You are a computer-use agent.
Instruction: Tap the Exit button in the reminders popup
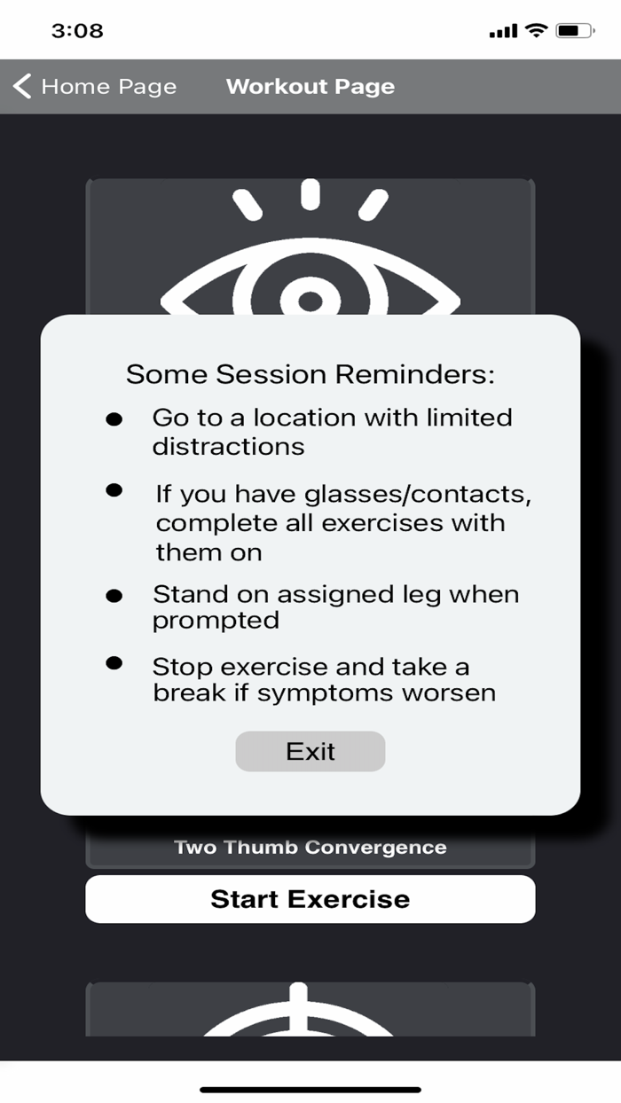point(310,751)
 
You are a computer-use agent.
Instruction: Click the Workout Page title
point(310,87)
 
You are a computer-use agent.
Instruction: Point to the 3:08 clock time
point(77,31)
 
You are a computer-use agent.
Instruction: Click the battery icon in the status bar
point(575,31)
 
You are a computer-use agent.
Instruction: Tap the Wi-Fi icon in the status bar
point(537,31)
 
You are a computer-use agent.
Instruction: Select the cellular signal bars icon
point(503,32)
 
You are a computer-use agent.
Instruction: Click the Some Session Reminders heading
point(310,373)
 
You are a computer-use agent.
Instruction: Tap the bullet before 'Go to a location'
point(114,419)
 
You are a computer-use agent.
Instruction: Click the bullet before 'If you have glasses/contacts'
point(114,489)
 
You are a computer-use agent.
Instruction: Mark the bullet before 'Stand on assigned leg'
point(114,596)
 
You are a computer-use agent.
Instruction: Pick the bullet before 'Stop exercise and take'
point(114,662)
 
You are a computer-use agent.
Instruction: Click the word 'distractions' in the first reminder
point(228,446)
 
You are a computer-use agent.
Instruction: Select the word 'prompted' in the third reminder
point(216,620)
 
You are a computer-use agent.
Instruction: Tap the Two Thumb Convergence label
point(310,848)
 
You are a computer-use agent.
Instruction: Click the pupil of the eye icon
point(310,301)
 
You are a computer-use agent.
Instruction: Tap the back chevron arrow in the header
point(23,87)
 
